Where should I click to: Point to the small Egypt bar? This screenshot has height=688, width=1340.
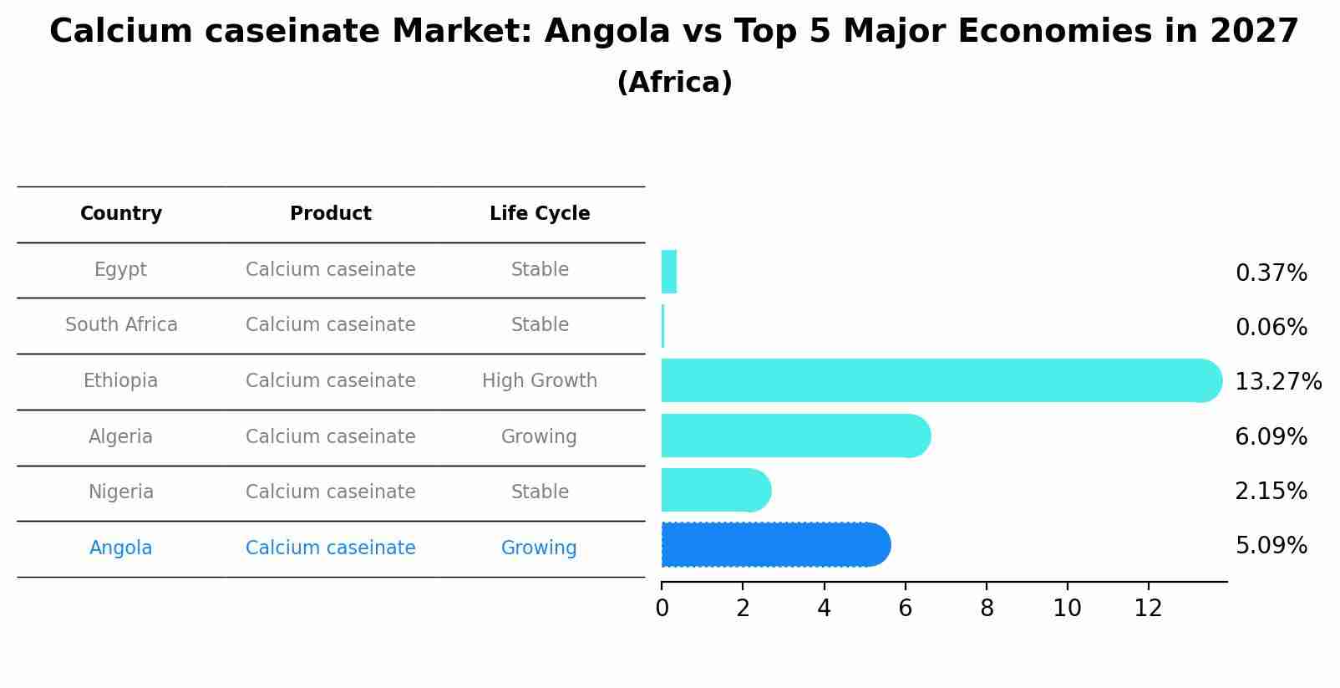(668, 272)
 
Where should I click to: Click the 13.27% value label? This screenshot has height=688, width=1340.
(1277, 382)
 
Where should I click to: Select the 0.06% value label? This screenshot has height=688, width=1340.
(1271, 328)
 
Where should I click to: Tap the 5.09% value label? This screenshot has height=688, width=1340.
(1271, 546)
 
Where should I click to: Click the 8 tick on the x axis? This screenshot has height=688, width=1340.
(987, 609)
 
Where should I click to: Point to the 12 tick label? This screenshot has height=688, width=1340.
(1148, 609)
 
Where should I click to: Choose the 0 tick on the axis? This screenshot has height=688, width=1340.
(662, 609)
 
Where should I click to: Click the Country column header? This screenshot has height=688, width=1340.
(121, 214)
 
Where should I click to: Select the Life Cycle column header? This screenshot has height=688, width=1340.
(540, 214)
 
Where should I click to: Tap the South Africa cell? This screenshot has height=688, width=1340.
(121, 325)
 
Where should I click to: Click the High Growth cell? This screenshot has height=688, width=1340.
(540, 381)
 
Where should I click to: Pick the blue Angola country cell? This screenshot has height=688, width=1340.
(121, 548)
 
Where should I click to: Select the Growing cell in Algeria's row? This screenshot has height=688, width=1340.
(539, 437)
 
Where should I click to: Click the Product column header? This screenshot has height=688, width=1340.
(331, 214)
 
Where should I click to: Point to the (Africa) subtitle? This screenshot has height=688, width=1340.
(674, 83)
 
